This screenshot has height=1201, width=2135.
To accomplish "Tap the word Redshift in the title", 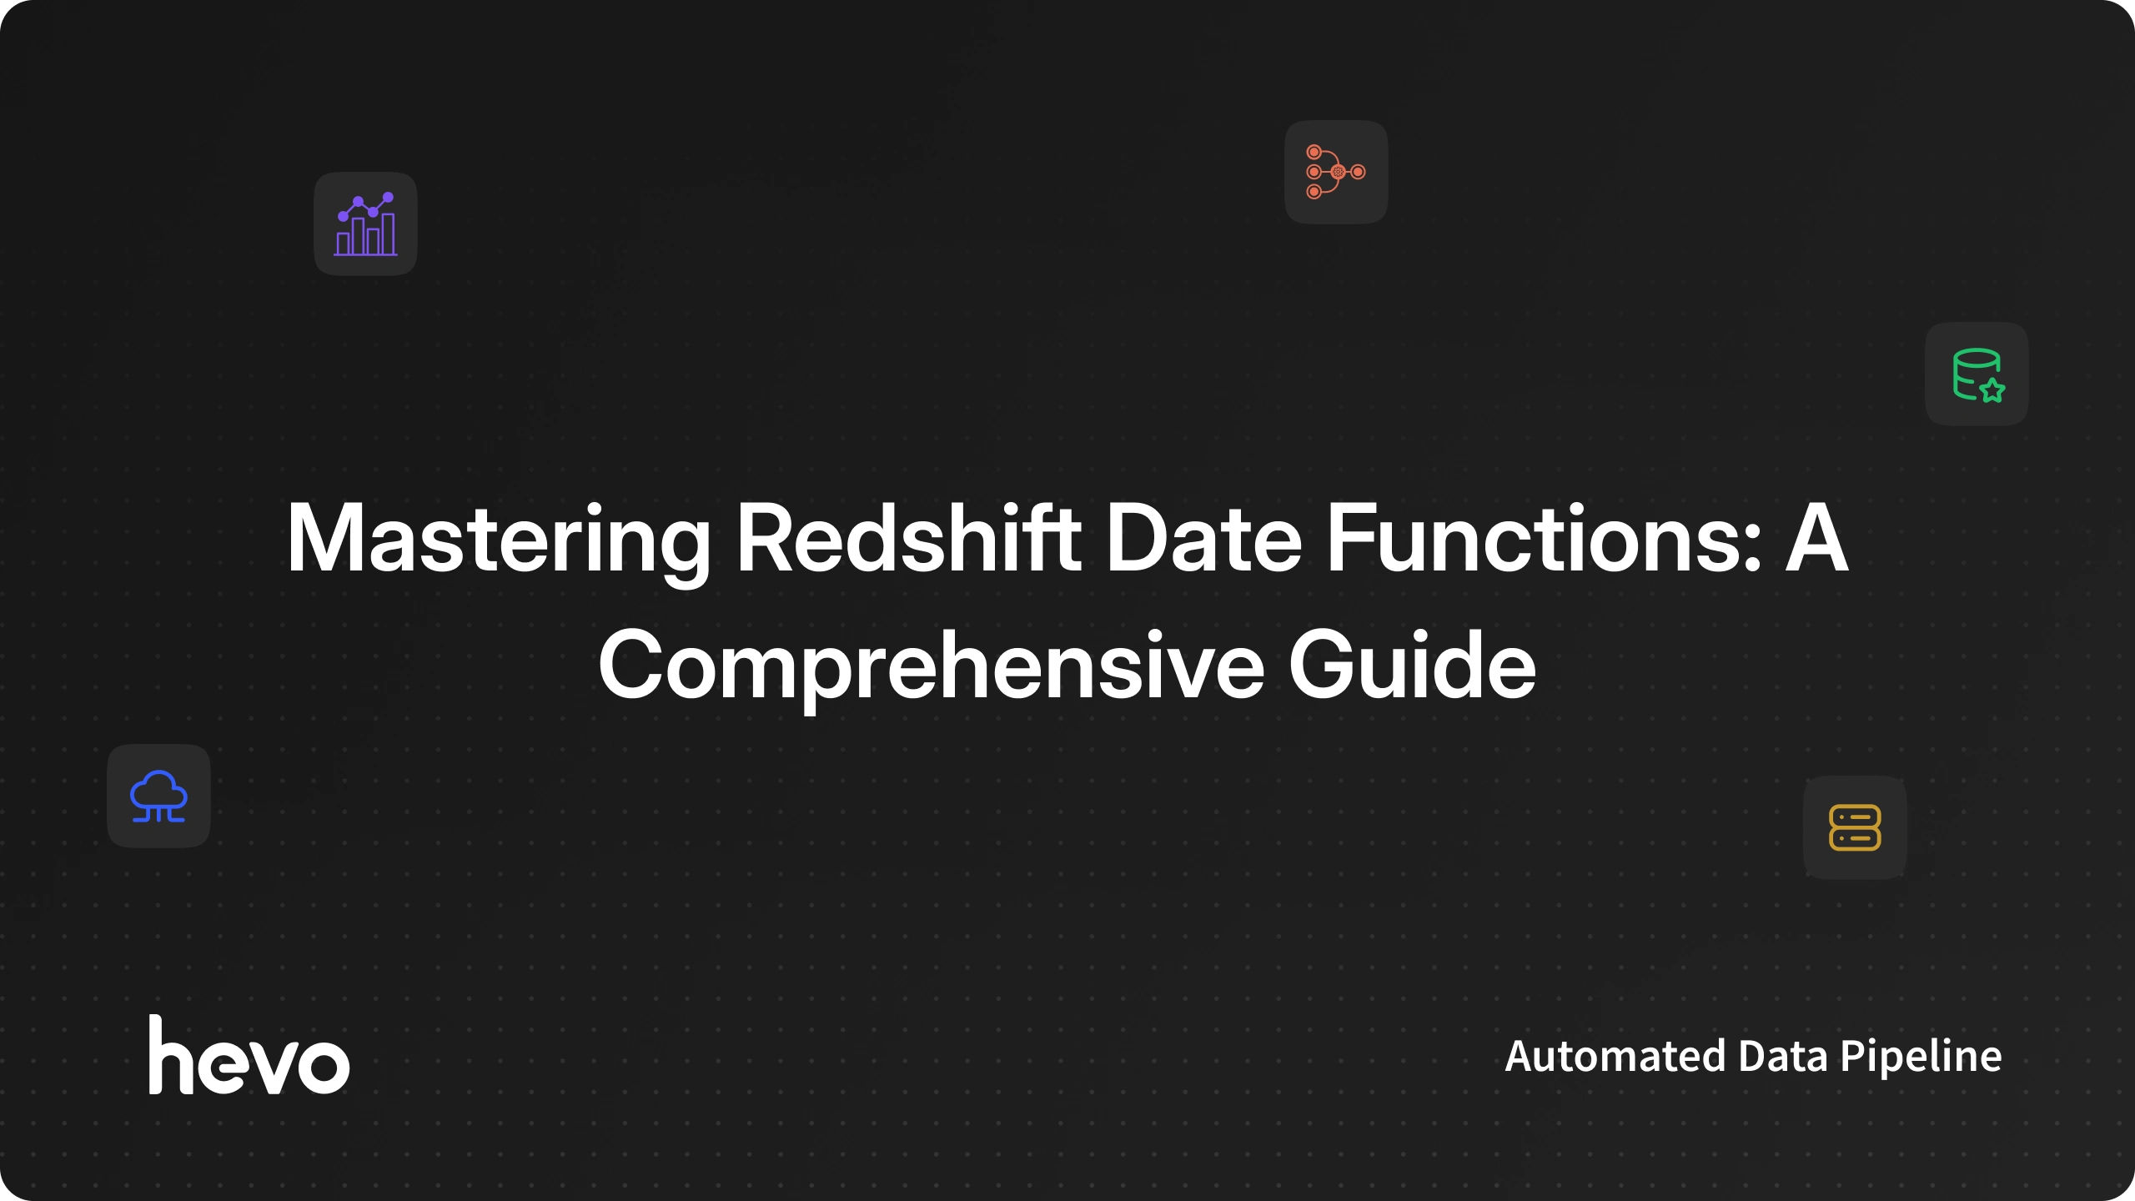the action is tap(909, 538).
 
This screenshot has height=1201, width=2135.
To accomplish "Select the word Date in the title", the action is tap(1203, 539).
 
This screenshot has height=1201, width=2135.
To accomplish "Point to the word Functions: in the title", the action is tap(1543, 539).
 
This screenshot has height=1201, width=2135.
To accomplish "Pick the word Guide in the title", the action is tap(1412, 665).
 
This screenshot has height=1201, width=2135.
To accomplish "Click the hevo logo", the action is tap(249, 1054).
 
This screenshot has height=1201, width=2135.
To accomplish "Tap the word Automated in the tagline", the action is tap(1615, 1056).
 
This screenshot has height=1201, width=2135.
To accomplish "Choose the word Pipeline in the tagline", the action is tap(1921, 1058).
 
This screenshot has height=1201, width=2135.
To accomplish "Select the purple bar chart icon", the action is tap(365, 224).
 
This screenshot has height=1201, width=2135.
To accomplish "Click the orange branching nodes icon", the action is tap(1336, 172).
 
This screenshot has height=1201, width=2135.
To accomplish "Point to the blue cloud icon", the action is tap(158, 796).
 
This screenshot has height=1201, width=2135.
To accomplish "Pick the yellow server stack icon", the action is tap(1855, 827).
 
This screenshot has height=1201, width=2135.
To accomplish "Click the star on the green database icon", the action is tap(1992, 389).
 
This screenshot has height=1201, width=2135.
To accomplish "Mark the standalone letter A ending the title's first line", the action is tap(1816, 539).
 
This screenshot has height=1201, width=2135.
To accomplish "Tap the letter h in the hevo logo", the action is tap(172, 1054).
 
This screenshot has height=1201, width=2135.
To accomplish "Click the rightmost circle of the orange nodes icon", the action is tap(1359, 172).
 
